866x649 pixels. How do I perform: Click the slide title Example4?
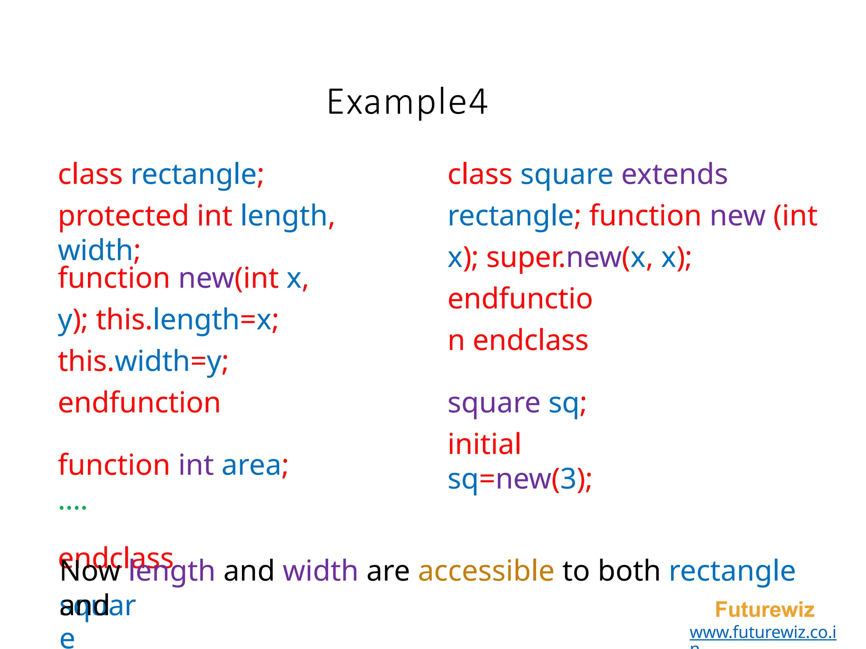[x=407, y=102]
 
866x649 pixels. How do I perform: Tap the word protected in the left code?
[x=123, y=216]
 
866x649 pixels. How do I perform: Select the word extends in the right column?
[x=674, y=174]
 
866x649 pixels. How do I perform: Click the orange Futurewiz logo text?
[x=765, y=610]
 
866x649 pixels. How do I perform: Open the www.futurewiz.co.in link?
[x=762, y=633]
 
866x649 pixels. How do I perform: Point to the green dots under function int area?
[x=73, y=507]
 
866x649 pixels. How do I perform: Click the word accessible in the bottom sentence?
[x=486, y=571]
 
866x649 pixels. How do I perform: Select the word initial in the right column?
[x=484, y=444]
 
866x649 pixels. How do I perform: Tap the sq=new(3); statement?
[x=520, y=479]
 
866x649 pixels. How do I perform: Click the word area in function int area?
[x=251, y=465]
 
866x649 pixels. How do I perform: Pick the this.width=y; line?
[x=143, y=361]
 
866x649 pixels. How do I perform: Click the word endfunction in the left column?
[x=139, y=403]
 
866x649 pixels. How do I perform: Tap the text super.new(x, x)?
[x=589, y=257]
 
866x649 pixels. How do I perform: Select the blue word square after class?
[x=566, y=175]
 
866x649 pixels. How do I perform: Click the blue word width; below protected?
[x=99, y=250]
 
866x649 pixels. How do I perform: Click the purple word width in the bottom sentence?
[x=320, y=571]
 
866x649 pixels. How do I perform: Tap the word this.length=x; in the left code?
[x=187, y=320]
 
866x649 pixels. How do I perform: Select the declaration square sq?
[x=517, y=404]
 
